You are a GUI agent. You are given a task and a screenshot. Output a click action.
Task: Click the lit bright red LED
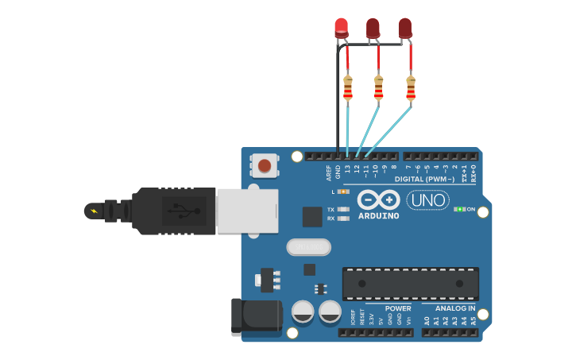pyautogui.click(x=341, y=27)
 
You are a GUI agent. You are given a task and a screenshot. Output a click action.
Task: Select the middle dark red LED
pyautogui.click(x=373, y=28)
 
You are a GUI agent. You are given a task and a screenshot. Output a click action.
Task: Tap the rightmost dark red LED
pyautogui.click(x=405, y=28)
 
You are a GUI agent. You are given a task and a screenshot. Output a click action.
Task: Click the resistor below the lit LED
pyautogui.click(x=347, y=87)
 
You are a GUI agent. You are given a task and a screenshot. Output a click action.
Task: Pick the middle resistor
pyautogui.click(x=378, y=87)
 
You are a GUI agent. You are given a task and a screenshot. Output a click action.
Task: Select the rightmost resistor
pyautogui.click(x=411, y=87)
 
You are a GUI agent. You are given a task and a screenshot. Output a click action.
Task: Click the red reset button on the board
pyautogui.click(x=264, y=166)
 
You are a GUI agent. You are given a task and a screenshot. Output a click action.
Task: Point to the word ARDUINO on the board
pyautogui.click(x=378, y=216)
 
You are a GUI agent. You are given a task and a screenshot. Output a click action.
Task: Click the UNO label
pyautogui.click(x=427, y=200)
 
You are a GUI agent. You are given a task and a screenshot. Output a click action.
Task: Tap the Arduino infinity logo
pyautogui.click(x=378, y=199)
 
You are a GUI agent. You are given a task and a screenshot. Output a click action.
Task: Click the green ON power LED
pyautogui.click(x=459, y=209)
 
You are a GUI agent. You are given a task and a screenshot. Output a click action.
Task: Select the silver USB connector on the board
pyautogui.click(x=247, y=211)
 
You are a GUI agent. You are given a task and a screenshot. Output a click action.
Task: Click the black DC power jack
pyautogui.click(x=255, y=315)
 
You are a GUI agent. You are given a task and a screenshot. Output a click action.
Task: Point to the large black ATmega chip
pyautogui.click(x=410, y=283)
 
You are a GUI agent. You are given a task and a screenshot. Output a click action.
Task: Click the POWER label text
pyautogui.click(x=398, y=308)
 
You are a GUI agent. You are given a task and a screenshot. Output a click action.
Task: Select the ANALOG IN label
pyautogui.click(x=454, y=308)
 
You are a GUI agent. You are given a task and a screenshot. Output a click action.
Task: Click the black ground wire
pyautogui.click(x=338, y=103)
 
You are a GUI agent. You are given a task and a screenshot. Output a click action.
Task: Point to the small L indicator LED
pyautogui.click(x=343, y=192)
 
